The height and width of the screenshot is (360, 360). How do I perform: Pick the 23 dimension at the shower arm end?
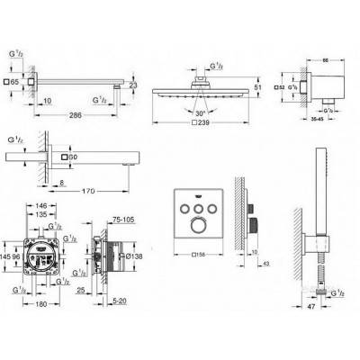pyautogui.click(x=133, y=85)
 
